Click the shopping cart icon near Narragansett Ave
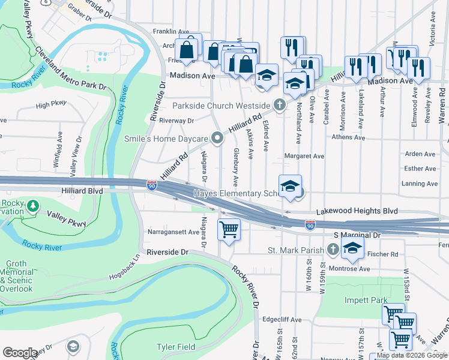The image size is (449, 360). pos(229,229)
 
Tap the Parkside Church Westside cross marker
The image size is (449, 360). pos(279,105)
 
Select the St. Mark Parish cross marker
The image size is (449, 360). pos(334,249)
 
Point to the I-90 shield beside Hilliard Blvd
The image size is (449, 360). pos(151,185)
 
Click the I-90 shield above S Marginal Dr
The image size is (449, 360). pos(310,224)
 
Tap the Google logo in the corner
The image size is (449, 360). pos(20,353)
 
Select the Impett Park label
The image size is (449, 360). pos(366,300)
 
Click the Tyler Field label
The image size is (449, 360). pos(176,347)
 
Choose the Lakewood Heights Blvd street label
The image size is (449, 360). pos(357,211)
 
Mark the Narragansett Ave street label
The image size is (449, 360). pos(173,232)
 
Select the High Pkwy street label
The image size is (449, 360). pos(51,105)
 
